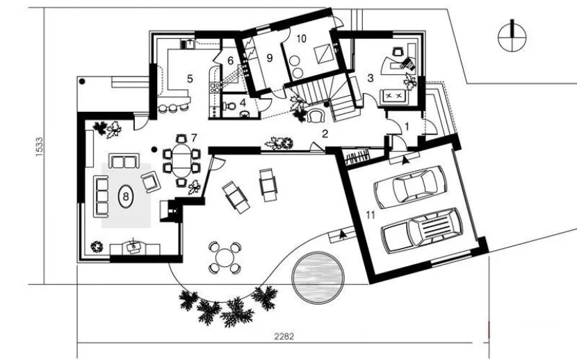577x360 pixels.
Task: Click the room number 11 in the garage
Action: pyautogui.click(x=371, y=215)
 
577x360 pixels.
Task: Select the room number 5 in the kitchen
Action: pyautogui.click(x=190, y=79)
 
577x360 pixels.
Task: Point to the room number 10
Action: pyautogui.click(x=301, y=39)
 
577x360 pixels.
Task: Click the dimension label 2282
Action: pyautogui.click(x=284, y=336)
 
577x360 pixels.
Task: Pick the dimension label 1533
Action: pyautogui.click(x=39, y=147)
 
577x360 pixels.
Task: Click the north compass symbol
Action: pyautogui.click(x=512, y=36)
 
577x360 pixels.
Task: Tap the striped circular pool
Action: pyautogui.click(x=318, y=277)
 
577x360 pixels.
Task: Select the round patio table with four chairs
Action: pyautogui.click(x=225, y=257)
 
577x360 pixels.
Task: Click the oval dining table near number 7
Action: pyautogui.click(x=181, y=161)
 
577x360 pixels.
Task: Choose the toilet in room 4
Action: pyautogui.click(x=230, y=106)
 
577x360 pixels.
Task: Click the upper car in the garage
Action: pyautogui.click(x=409, y=187)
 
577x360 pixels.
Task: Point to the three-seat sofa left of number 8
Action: pyautogui.click(x=101, y=197)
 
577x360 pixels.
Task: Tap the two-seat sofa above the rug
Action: pyautogui.click(x=124, y=161)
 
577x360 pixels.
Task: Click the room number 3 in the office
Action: pyautogui.click(x=371, y=78)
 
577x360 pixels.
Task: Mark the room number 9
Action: pyautogui.click(x=270, y=58)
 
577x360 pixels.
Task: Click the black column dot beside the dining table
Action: pyautogui.click(x=154, y=149)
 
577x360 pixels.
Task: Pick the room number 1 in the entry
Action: pyautogui.click(x=407, y=127)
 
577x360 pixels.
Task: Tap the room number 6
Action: pyautogui.click(x=230, y=60)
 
